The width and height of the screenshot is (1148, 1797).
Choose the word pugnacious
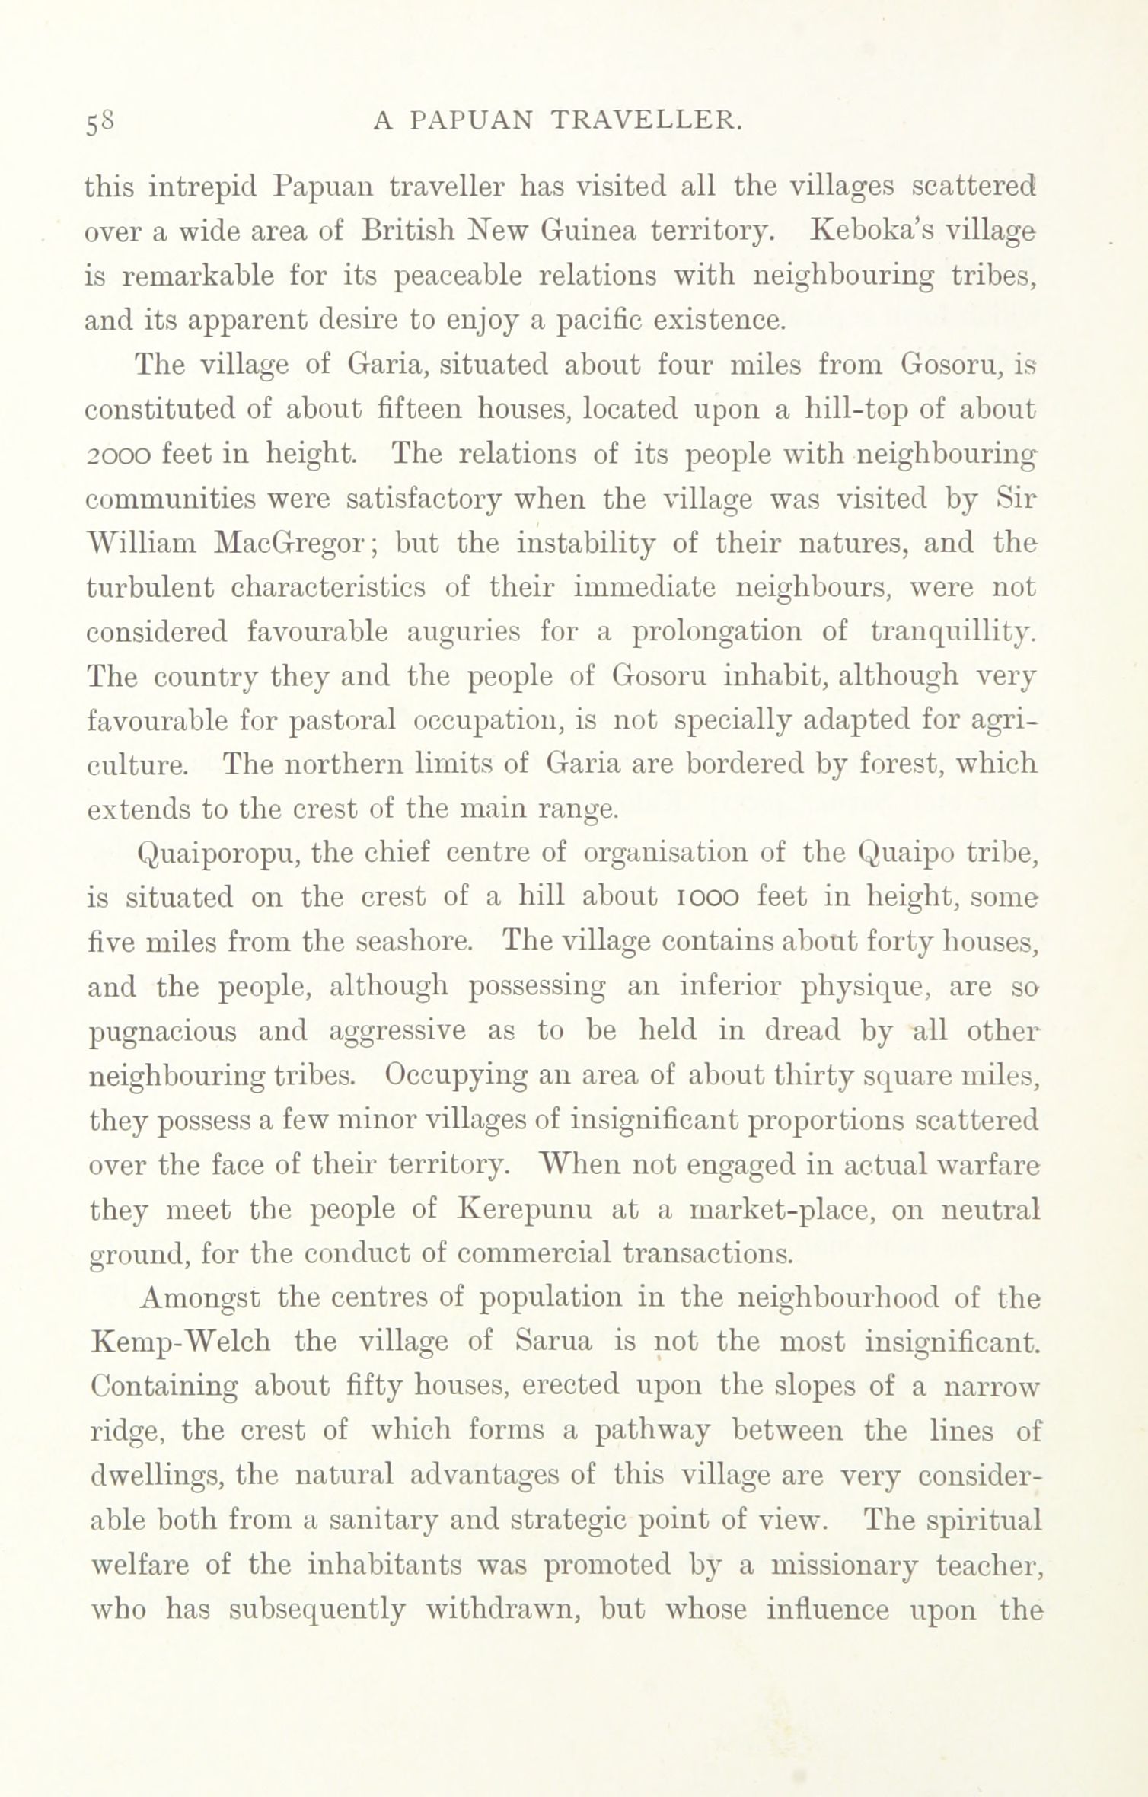[164, 1032]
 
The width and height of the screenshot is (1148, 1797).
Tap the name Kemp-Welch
[180, 1341]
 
